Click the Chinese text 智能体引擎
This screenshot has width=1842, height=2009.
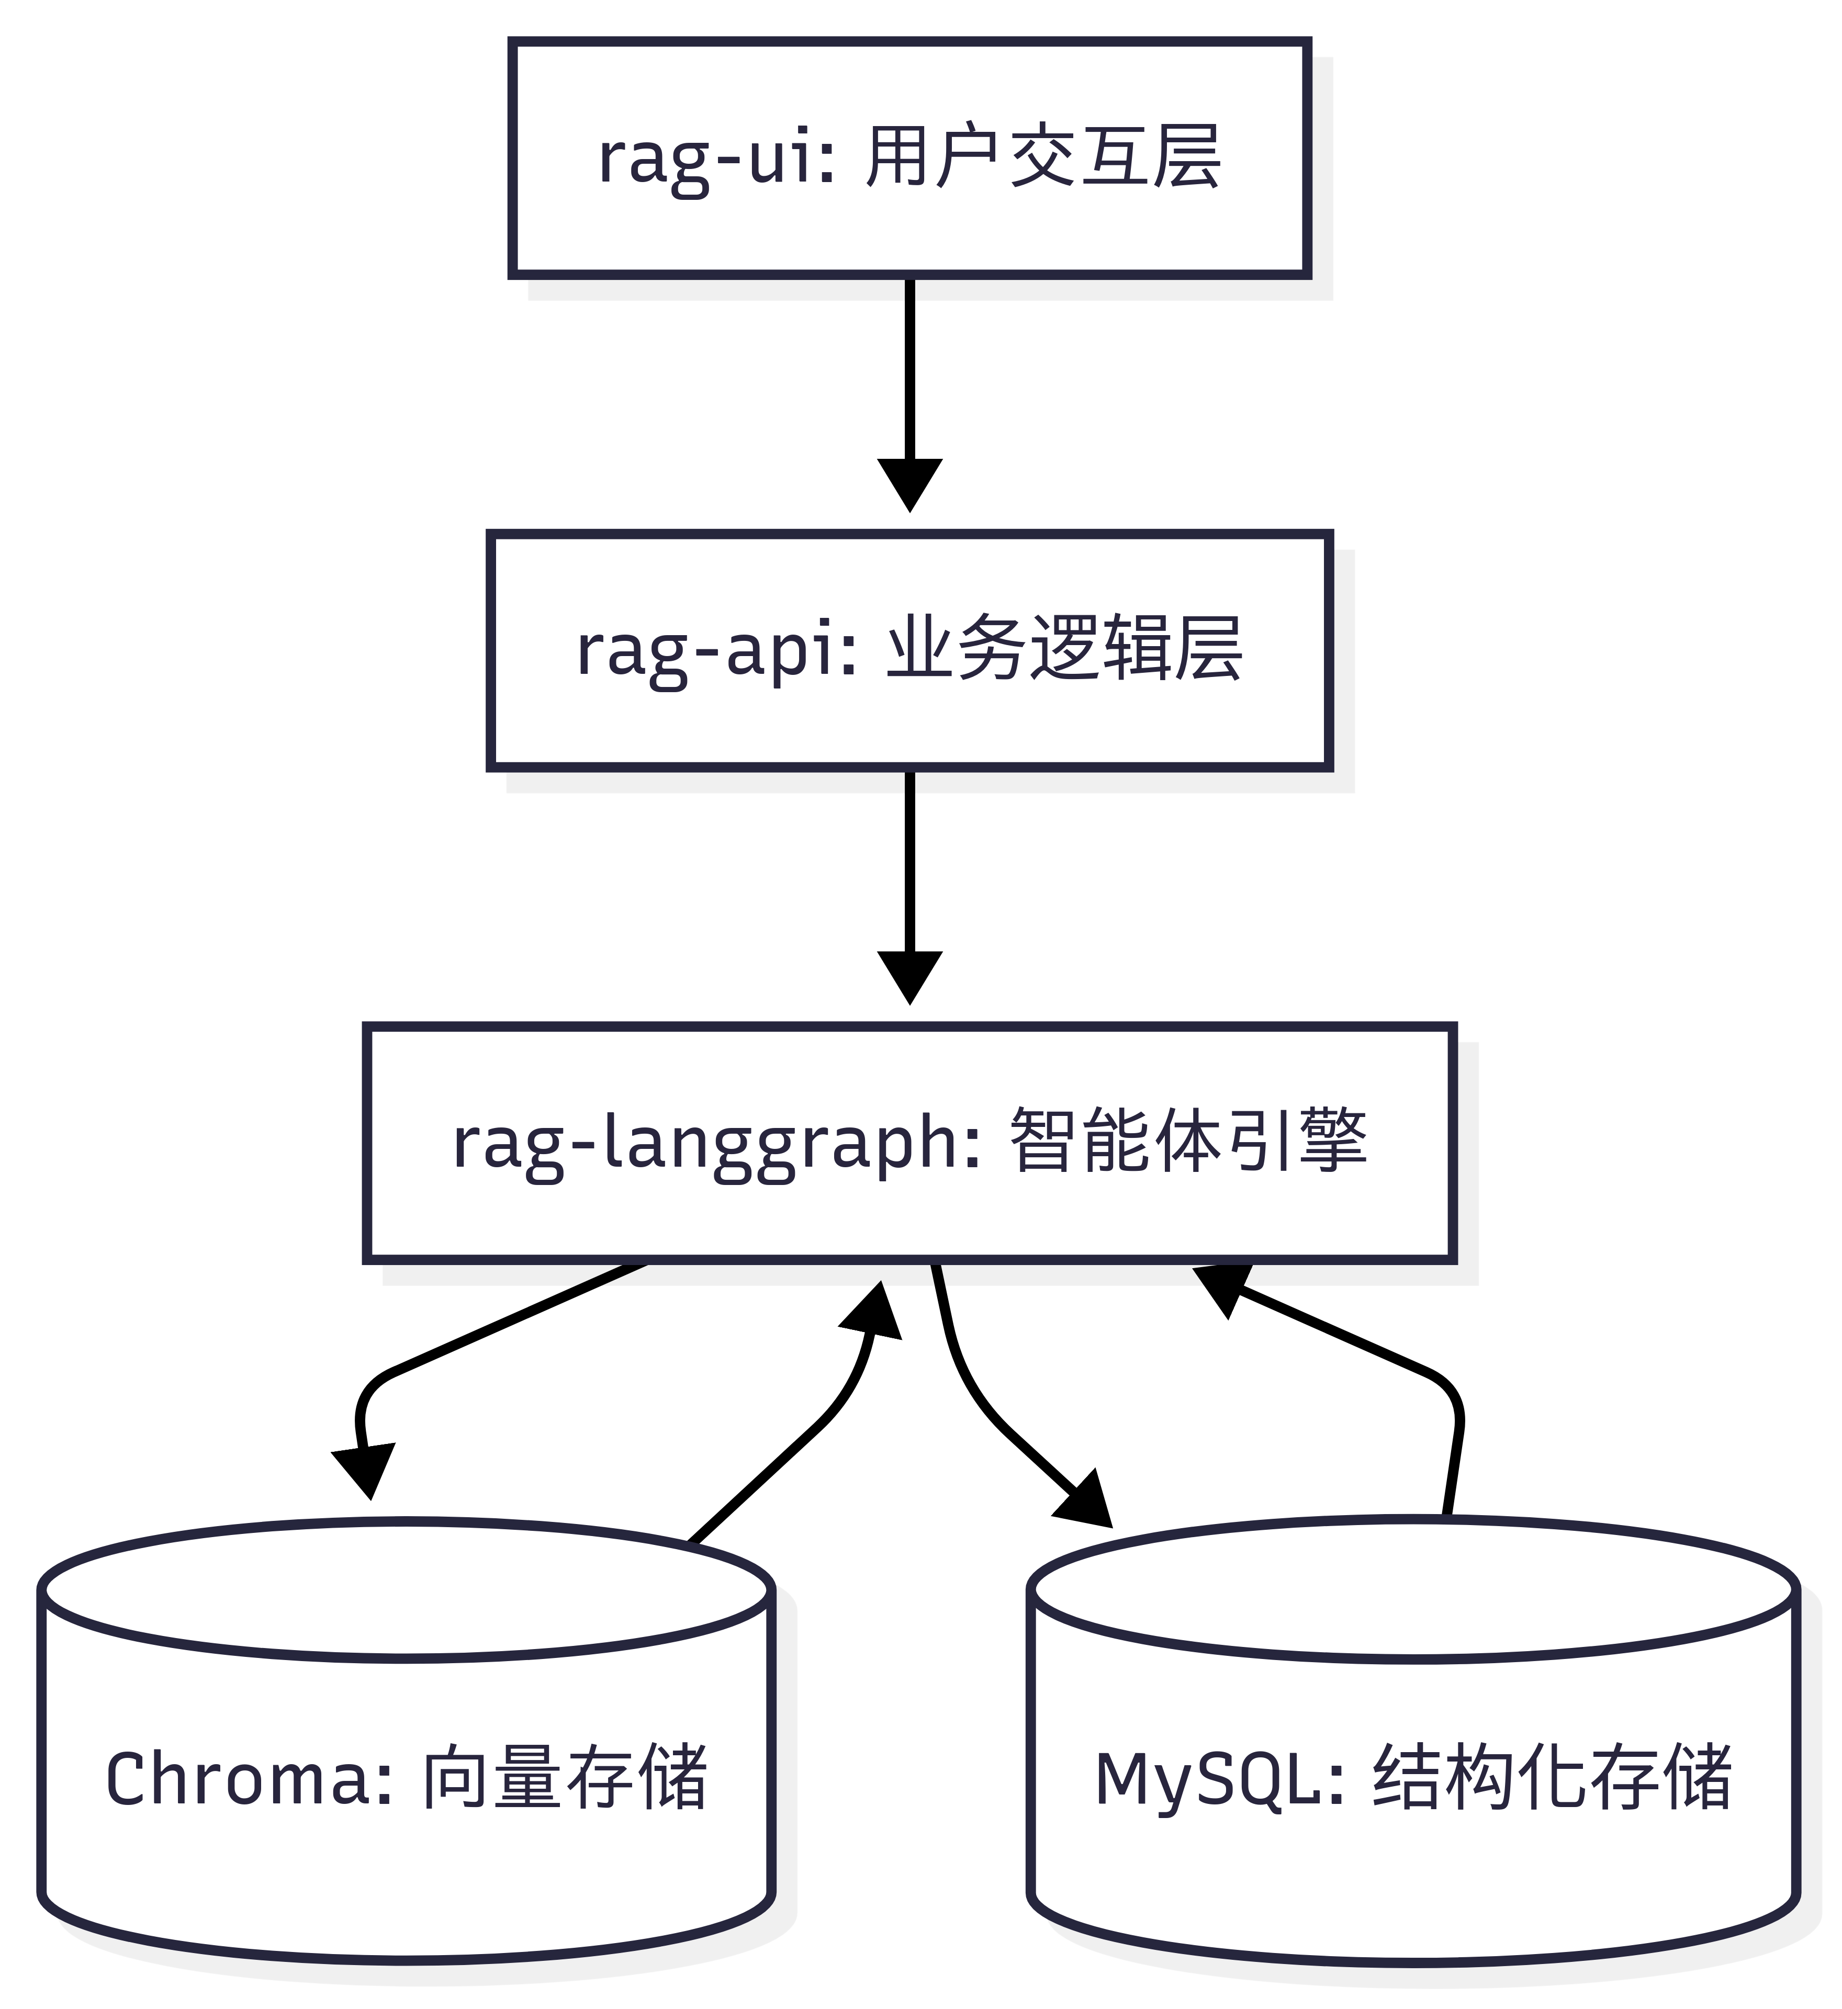tap(1188, 1141)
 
